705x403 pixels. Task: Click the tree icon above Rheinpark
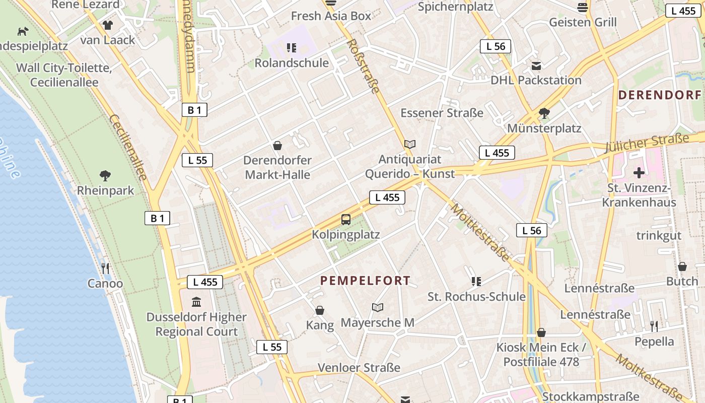pos(105,176)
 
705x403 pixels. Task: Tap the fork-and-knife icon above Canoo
pos(105,268)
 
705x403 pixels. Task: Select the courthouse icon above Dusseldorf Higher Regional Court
pos(196,302)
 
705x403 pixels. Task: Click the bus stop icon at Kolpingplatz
pos(346,220)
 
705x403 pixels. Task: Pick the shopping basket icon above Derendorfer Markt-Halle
pos(277,146)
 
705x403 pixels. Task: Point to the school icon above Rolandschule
pos(292,48)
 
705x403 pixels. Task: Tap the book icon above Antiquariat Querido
pos(410,145)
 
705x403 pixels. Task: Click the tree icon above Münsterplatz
pos(544,113)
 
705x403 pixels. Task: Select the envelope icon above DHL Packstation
pos(536,66)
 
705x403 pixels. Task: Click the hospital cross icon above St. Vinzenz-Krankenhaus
pos(639,173)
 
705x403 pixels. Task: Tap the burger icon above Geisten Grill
pos(583,8)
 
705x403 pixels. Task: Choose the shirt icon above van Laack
pos(108,25)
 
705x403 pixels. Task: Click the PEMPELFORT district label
pos(366,281)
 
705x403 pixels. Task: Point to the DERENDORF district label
pos(660,95)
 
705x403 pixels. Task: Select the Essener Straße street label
pos(442,113)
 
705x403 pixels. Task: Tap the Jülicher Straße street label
pos(647,144)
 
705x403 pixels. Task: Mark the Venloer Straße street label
pos(359,368)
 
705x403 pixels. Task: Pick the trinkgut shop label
pos(659,235)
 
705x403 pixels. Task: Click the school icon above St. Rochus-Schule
pos(476,281)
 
